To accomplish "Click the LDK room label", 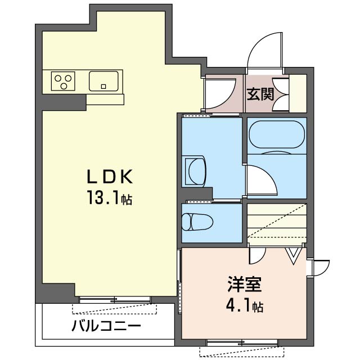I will point(109,177).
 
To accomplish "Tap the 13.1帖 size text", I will point(109,198).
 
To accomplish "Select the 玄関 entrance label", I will point(260,93).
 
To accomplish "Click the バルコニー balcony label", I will point(106,326).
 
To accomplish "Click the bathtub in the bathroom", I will point(277,135).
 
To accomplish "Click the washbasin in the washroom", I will point(196,169).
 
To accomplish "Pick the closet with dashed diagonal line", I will point(277,224).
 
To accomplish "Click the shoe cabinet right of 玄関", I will point(298,93).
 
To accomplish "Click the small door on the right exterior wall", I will point(319,268).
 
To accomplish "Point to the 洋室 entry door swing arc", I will point(258,256).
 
